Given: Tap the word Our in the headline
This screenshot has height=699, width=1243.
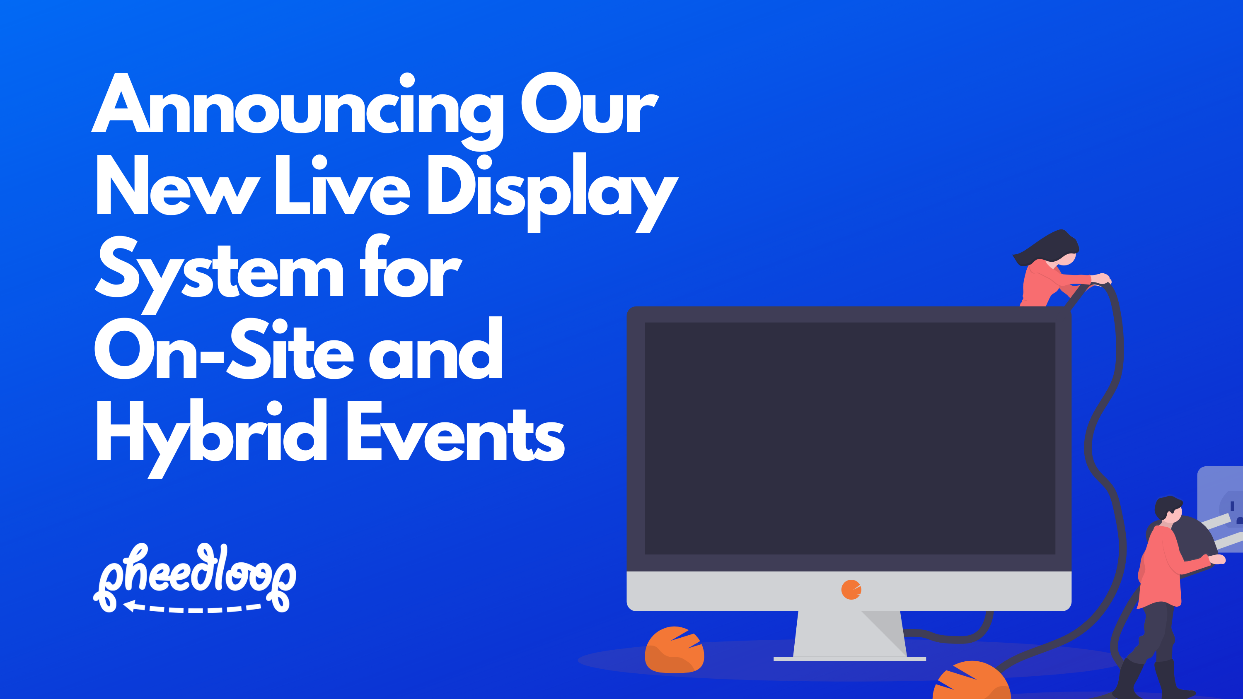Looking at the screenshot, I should pyautogui.click(x=589, y=104).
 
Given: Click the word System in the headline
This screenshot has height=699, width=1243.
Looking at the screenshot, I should pyautogui.click(x=220, y=270).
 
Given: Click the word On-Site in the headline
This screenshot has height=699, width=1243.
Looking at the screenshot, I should pyautogui.click(x=225, y=350).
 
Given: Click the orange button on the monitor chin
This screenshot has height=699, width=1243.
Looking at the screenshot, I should pyautogui.click(x=851, y=590).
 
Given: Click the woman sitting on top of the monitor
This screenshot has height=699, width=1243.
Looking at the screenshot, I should pyautogui.click(x=1052, y=275).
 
